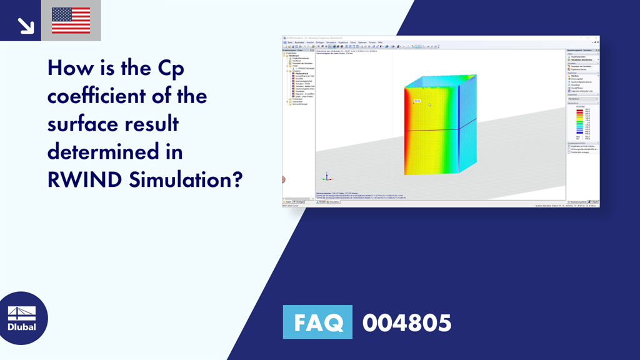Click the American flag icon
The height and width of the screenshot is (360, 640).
(71, 21)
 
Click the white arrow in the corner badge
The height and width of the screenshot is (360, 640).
(26, 25)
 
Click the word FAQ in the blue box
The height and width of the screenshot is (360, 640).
(318, 323)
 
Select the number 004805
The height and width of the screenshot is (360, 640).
(406, 323)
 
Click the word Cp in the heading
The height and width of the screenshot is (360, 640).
(168, 68)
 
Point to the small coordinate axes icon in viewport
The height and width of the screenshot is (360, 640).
(324, 177)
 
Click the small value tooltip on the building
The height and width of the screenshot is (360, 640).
(417, 101)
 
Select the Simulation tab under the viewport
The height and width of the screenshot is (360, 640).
(334, 202)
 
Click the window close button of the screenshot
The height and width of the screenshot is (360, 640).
(597, 38)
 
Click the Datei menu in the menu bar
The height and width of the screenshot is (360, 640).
(289, 42)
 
